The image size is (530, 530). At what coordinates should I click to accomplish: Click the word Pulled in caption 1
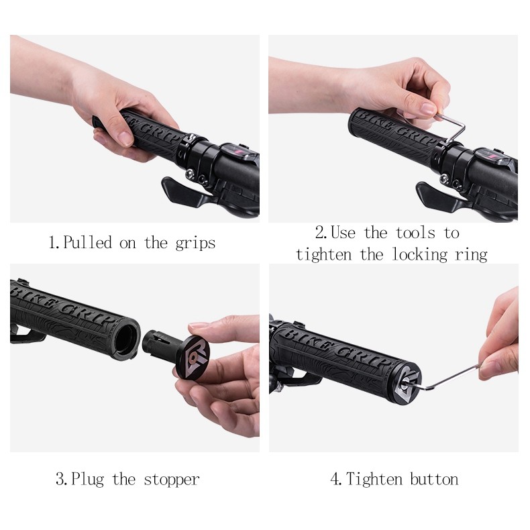click(x=87, y=243)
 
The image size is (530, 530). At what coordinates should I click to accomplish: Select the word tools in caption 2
click(x=415, y=233)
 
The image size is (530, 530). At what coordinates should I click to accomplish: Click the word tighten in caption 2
click(x=323, y=255)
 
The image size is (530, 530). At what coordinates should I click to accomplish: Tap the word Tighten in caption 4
click(x=374, y=480)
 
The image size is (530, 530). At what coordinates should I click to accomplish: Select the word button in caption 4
click(x=434, y=480)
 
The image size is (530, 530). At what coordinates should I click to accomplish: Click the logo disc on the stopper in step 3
click(x=193, y=358)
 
